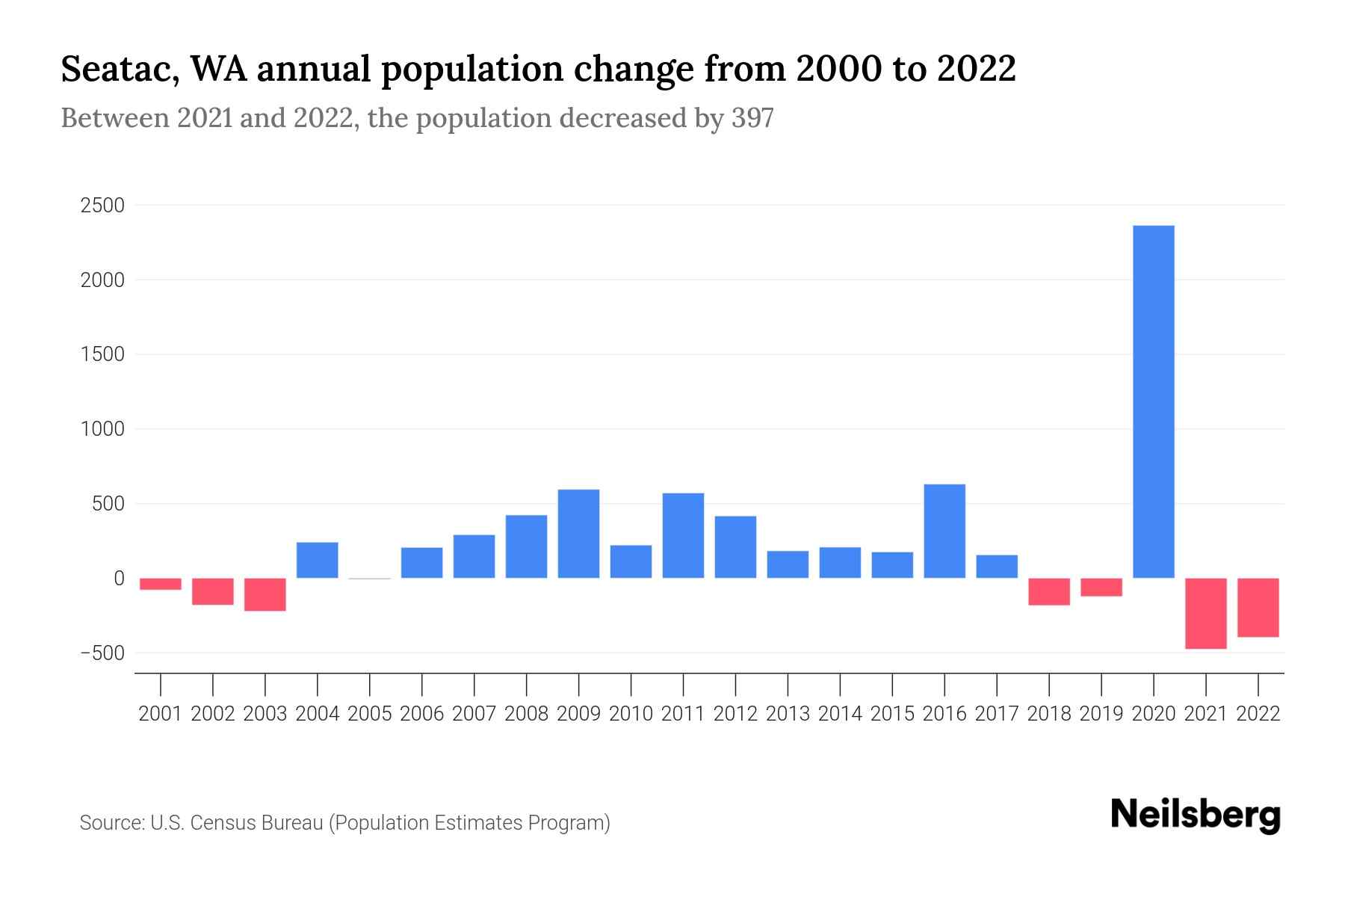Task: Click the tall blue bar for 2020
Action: pos(1153,401)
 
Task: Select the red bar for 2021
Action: pos(1205,613)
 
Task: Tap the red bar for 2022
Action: pos(1258,607)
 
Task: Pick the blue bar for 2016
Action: pos(944,531)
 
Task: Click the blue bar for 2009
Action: pos(578,534)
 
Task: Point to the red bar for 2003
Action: pos(265,594)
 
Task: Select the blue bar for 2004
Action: pos(318,560)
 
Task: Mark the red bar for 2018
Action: pos(1048,591)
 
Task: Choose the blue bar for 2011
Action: pos(683,535)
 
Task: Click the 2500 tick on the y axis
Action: pos(102,206)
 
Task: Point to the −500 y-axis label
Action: pos(102,653)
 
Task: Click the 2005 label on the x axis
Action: pos(370,714)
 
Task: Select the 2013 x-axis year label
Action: pos(788,714)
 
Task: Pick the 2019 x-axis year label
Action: pos(1101,714)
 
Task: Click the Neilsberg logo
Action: pos(1196,815)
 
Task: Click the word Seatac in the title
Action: pos(119,70)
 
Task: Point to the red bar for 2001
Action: pos(161,584)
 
